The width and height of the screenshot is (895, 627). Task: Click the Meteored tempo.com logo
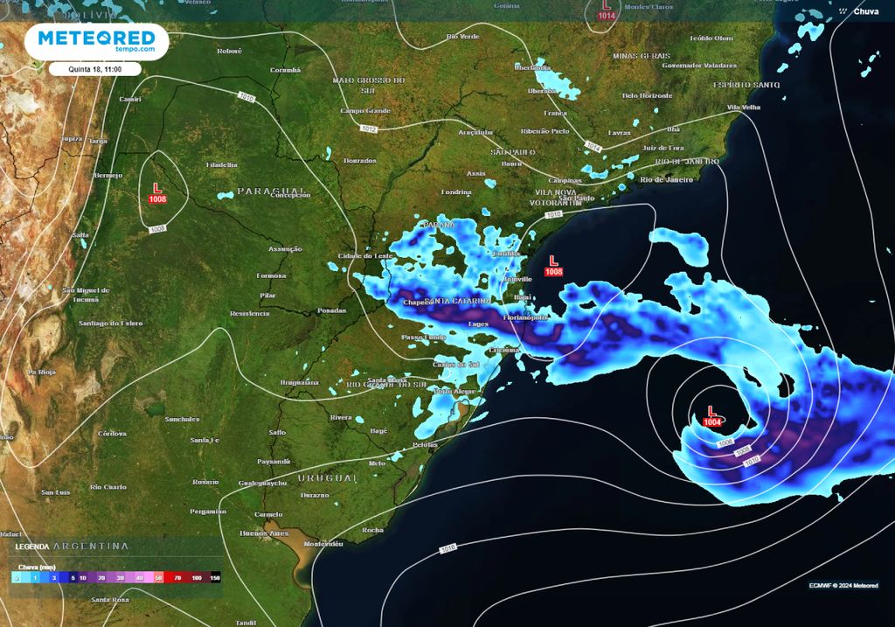96,41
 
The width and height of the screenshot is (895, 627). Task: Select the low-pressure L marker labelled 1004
712,415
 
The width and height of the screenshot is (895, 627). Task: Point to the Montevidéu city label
323,543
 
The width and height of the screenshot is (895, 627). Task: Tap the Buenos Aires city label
264,533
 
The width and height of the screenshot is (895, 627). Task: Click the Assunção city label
285,249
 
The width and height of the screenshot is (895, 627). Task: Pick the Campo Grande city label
364,111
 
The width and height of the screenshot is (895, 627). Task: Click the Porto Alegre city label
454,391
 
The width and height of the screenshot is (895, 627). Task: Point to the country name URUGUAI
328,478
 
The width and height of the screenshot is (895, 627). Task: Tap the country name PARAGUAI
272,191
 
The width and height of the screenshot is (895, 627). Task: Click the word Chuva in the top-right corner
866,11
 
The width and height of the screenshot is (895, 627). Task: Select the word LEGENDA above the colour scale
32,547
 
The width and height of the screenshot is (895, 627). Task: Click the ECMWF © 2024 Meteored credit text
843,585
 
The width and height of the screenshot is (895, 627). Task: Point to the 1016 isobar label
448,549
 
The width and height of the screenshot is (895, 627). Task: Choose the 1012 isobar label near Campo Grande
368,129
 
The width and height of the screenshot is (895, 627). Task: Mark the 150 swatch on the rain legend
215,578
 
